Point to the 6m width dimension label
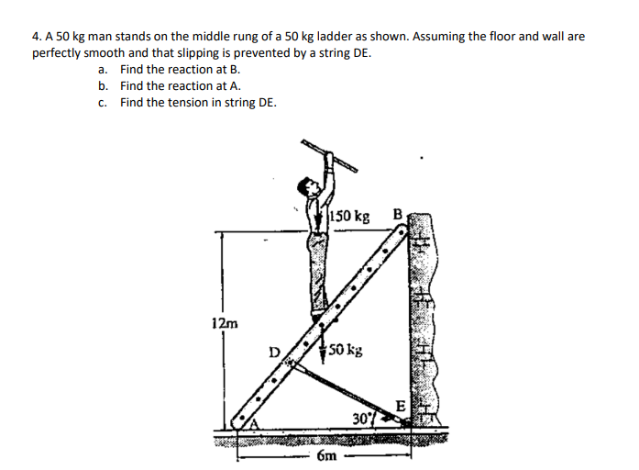coord(327,454)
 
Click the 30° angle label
coord(362,420)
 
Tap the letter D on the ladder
coord(273,351)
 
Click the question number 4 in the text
coord(36,37)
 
